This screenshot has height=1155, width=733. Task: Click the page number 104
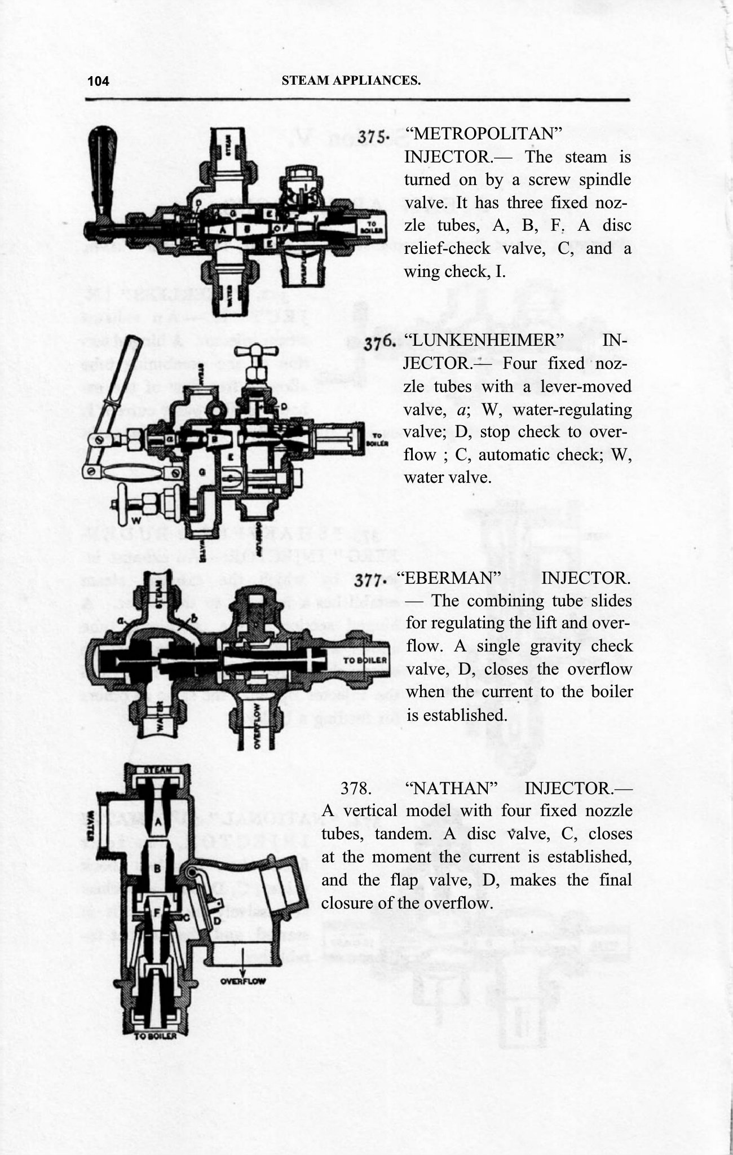click(x=98, y=81)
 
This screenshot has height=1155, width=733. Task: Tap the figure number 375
click(x=372, y=136)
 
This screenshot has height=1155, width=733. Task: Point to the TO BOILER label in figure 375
click(x=377, y=226)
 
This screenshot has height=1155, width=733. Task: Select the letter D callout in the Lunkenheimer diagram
click(x=285, y=406)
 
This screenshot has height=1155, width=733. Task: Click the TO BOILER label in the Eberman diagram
click(x=365, y=660)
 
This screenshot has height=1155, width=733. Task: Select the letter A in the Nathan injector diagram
click(x=159, y=822)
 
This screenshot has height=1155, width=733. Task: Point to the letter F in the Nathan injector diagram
click(x=158, y=911)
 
